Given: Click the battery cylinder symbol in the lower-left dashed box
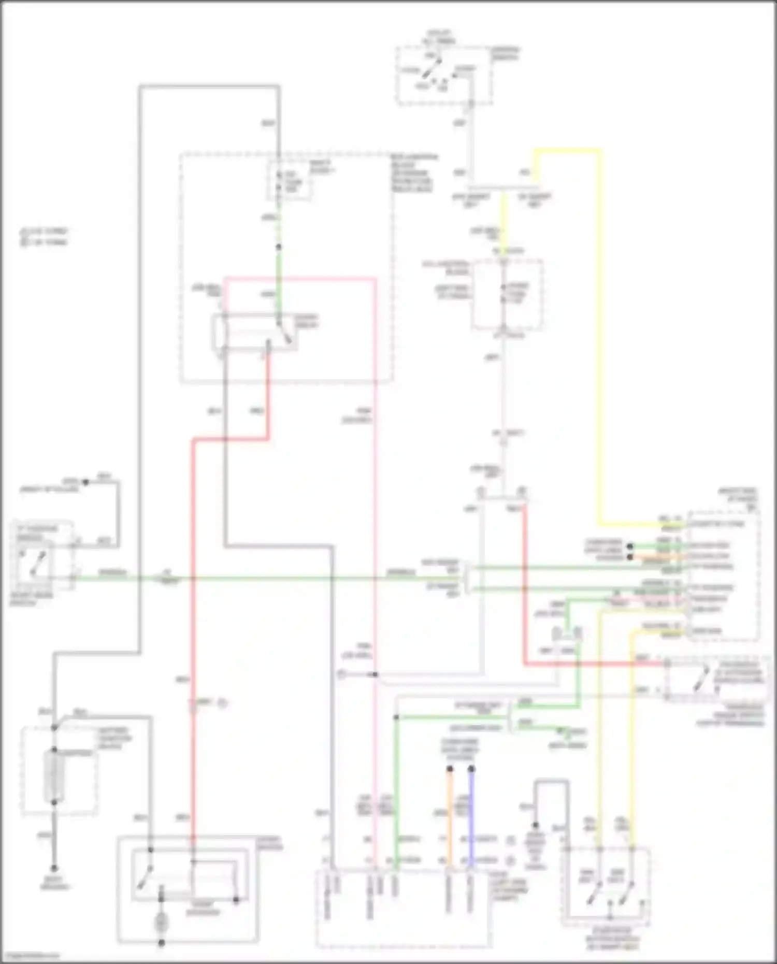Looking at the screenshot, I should [x=54, y=775].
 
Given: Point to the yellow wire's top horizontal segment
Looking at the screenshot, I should [x=567, y=151].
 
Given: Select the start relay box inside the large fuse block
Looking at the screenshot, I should [x=254, y=332].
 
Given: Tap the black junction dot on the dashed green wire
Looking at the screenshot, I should [x=279, y=248].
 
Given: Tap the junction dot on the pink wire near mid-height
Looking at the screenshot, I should [x=375, y=674].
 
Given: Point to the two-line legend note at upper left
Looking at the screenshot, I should [x=44, y=236].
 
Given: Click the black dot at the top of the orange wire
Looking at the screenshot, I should [x=450, y=769].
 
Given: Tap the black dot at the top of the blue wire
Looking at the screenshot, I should [x=471, y=769].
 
